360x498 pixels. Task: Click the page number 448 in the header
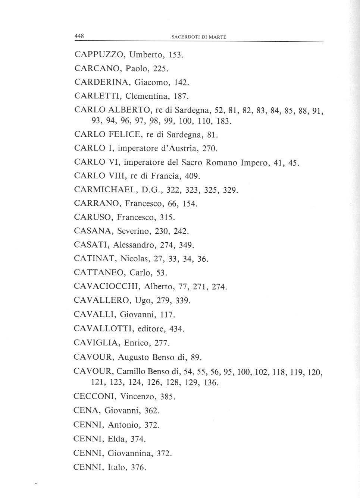click(79, 36)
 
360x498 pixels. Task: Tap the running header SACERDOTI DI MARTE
click(199, 37)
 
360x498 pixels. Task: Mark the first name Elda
click(117, 439)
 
